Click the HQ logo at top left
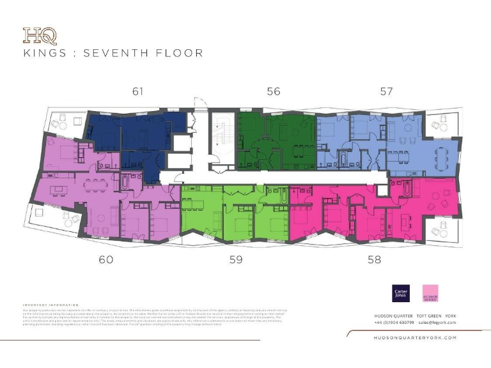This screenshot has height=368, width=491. pyautogui.click(x=35, y=34)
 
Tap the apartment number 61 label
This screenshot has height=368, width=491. pyautogui.click(x=137, y=91)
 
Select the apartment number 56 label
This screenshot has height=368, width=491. pyautogui.click(x=273, y=91)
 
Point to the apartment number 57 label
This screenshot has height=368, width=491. pyautogui.click(x=386, y=91)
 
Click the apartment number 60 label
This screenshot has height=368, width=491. pyautogui.click(x=105, y=259)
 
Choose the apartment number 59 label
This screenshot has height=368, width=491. pyautogui.click(x=237, y=259)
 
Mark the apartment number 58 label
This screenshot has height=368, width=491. pyautogui.click(x=375, y=259)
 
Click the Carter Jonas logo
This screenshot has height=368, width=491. pyautogui.click(x=400, y=293)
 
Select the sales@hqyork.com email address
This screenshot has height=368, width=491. pyautogui.click(x=437, y=323)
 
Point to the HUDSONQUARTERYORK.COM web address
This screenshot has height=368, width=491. pyautogui.click(x=414, y=337)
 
